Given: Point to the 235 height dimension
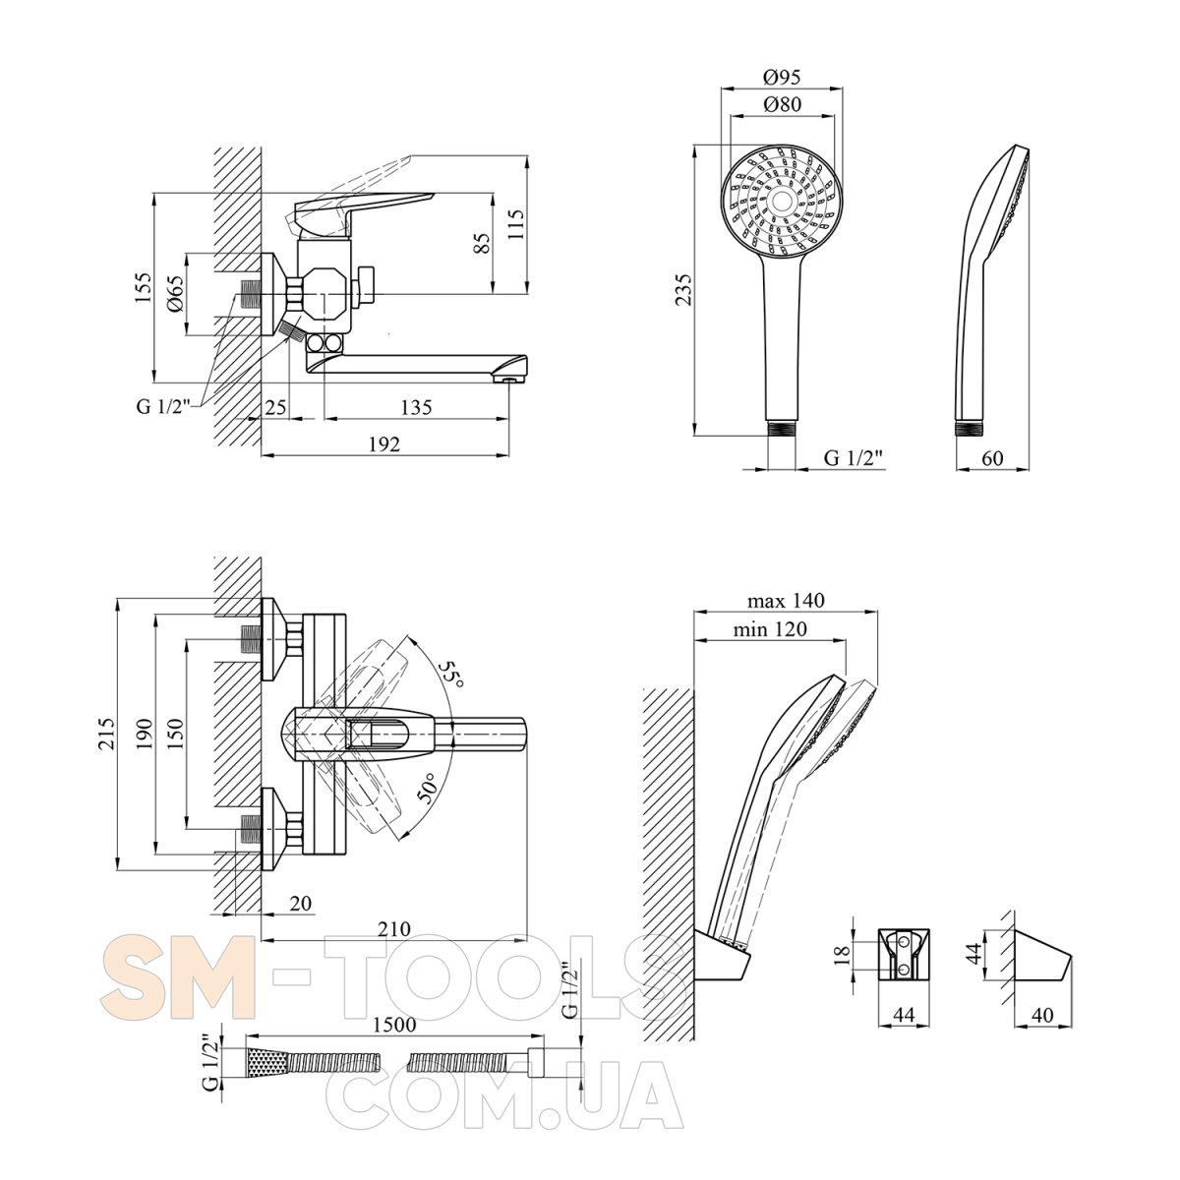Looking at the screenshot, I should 683,290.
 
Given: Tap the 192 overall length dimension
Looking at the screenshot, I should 384,444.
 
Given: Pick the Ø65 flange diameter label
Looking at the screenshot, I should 174,295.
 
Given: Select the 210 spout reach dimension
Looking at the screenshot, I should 393,929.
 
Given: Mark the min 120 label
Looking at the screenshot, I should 770,629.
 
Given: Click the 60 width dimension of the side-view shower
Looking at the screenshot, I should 992,458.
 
